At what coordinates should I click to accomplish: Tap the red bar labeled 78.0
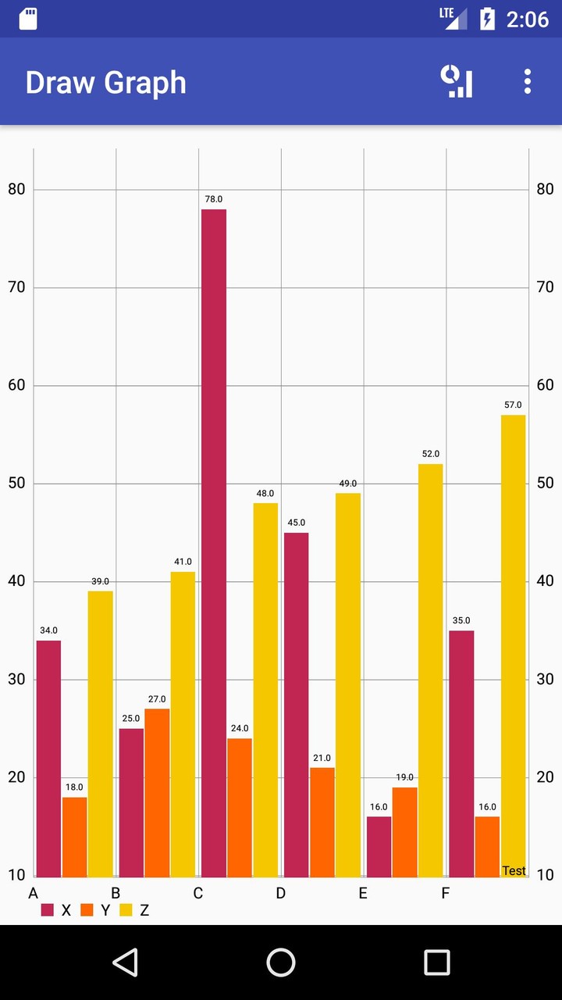213,543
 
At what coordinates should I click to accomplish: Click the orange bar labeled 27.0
156,792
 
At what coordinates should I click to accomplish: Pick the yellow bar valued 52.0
430,670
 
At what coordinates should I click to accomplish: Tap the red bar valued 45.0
296,705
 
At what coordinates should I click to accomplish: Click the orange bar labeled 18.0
74,836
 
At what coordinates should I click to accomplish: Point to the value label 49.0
347,484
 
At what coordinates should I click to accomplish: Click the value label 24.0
240,729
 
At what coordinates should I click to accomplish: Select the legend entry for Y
96,910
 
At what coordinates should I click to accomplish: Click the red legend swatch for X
48,910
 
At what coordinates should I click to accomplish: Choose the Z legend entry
135,910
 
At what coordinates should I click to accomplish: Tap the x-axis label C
198,893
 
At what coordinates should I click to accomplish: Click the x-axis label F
446,893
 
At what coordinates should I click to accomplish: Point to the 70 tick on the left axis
16,287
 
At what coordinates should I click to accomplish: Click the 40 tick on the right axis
545,581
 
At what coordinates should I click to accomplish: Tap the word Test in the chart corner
514,871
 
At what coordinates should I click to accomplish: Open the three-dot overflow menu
528,82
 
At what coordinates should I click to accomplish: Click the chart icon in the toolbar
457,82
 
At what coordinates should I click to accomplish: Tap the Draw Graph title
105,83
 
